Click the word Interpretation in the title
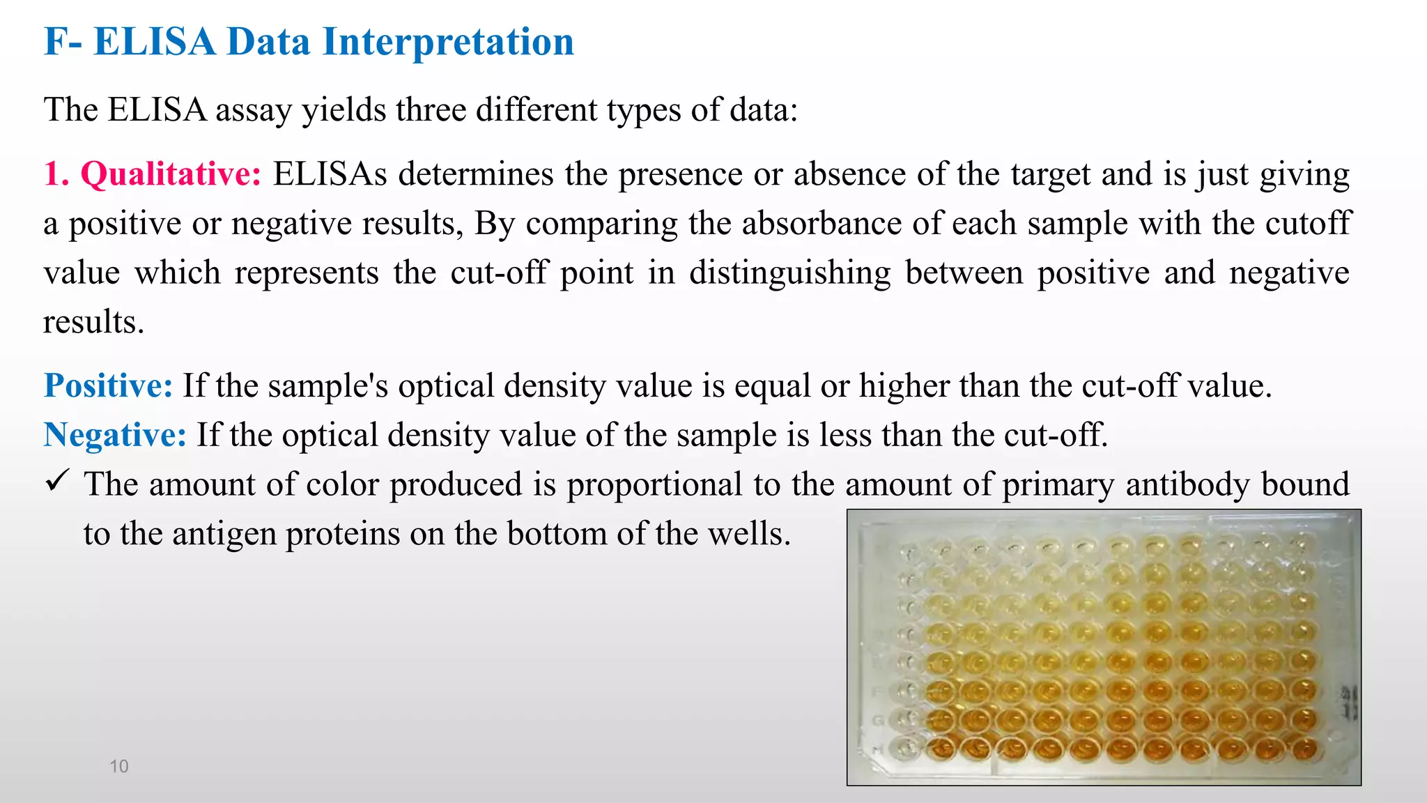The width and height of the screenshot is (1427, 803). click(448, 42)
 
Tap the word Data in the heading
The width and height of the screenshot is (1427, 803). click(268, 42)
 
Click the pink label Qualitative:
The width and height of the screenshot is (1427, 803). click(171, 174)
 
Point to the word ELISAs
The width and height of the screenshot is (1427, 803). click(330, 174)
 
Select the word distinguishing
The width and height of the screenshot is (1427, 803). click(789, 273)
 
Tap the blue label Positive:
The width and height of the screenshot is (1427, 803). click(108, 385)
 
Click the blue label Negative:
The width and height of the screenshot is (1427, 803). click(115, 435)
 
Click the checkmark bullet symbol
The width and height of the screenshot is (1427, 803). click(56, 481)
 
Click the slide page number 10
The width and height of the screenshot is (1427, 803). click(119, 766)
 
